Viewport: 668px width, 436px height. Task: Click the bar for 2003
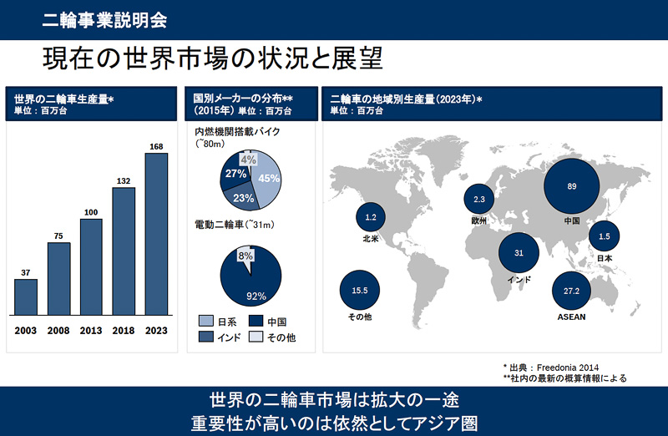(x=26, y=298)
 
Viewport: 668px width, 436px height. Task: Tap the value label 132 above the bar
(x=124, y=180)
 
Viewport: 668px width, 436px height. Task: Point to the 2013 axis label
(x=91, y=331)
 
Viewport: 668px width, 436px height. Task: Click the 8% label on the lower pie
(x=245, y=256)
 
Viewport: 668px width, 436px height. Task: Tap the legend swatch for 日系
(x=205, y=322)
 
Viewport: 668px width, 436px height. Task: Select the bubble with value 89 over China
(x=572, y=185)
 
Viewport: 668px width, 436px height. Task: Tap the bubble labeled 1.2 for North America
(x=372, y=218)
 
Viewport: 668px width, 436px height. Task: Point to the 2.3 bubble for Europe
(x=478, y=200)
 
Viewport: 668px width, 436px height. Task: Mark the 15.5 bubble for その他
(x=361, y=290)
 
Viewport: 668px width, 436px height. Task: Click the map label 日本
(x=604, y=258)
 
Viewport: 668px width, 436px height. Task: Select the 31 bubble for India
(x=519, y=253)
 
